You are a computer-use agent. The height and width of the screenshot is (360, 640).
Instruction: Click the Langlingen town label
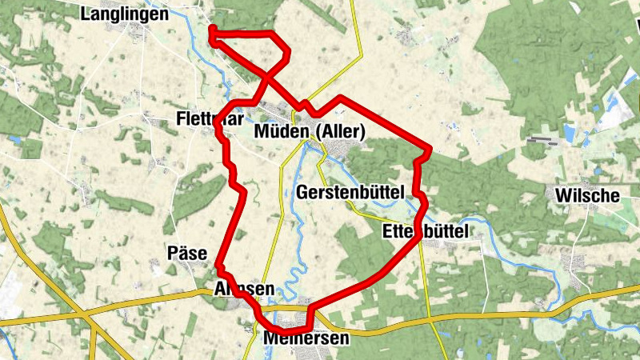[125, 14]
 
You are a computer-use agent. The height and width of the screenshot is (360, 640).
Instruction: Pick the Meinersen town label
[306, 338]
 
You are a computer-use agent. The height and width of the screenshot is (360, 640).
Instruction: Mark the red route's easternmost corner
[430, 148]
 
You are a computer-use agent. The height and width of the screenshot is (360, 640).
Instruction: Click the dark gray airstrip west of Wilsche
[544, 140]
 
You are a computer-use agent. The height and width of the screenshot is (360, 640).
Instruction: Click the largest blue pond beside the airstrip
[570, 132]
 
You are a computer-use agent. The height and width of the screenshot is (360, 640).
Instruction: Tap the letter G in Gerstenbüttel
[302, 193]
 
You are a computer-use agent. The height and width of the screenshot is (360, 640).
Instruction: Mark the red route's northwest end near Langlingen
[212, 29]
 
